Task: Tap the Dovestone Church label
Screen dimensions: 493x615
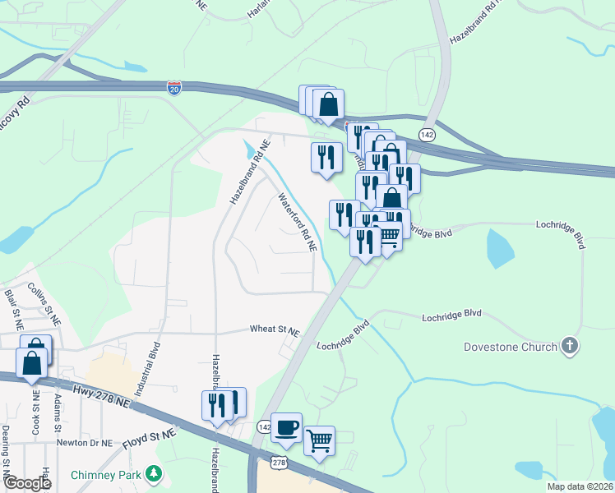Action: click(510, 347)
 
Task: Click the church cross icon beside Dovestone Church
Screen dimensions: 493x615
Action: click(570, 346)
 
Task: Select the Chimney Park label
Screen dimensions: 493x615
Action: click(106, 475)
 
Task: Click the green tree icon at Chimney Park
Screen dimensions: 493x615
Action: click(152, 473)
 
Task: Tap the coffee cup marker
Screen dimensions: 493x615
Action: click(286, 427)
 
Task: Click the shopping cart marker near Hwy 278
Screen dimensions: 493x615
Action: click(319, 440)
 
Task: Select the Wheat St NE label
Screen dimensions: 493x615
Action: click(275, 329)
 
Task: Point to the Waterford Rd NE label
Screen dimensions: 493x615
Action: click(296, 222)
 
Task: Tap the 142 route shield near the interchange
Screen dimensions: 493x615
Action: click(426, 134)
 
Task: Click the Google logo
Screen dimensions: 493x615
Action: click(26, 483)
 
